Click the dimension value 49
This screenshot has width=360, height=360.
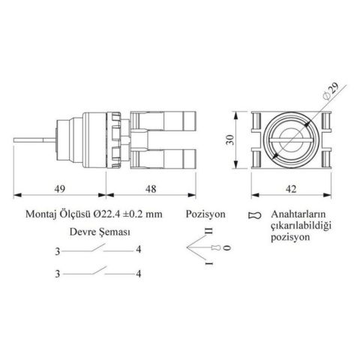(60, 189)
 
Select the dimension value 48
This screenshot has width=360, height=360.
(151, 189)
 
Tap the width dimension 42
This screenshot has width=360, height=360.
(291, 189)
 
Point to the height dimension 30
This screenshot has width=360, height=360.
(229, 140)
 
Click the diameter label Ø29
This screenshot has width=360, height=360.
(331, 91)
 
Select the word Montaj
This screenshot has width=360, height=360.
(40, 214)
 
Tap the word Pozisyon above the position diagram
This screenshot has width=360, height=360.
(205, 214)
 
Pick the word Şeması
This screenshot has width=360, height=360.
(115, 232)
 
